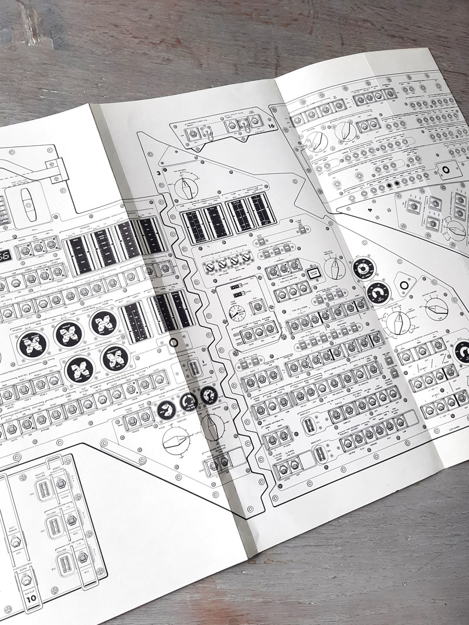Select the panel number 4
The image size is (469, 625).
tap(371, 207)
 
